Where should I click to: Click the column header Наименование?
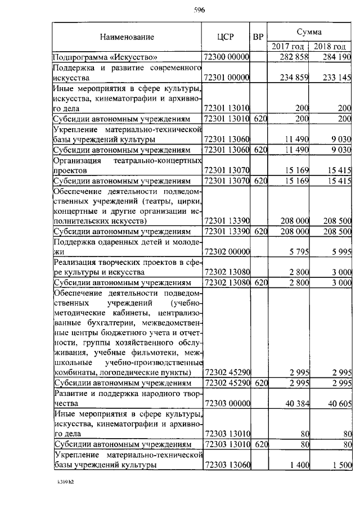127,37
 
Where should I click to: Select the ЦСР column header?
226,37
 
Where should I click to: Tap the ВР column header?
258,37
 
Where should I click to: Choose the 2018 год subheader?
330,47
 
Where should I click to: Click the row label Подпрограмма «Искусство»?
105,57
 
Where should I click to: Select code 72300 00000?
226,57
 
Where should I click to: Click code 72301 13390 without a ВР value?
226,221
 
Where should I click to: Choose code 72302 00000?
226,251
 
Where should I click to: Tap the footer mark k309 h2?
66,482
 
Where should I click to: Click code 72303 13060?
226,465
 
